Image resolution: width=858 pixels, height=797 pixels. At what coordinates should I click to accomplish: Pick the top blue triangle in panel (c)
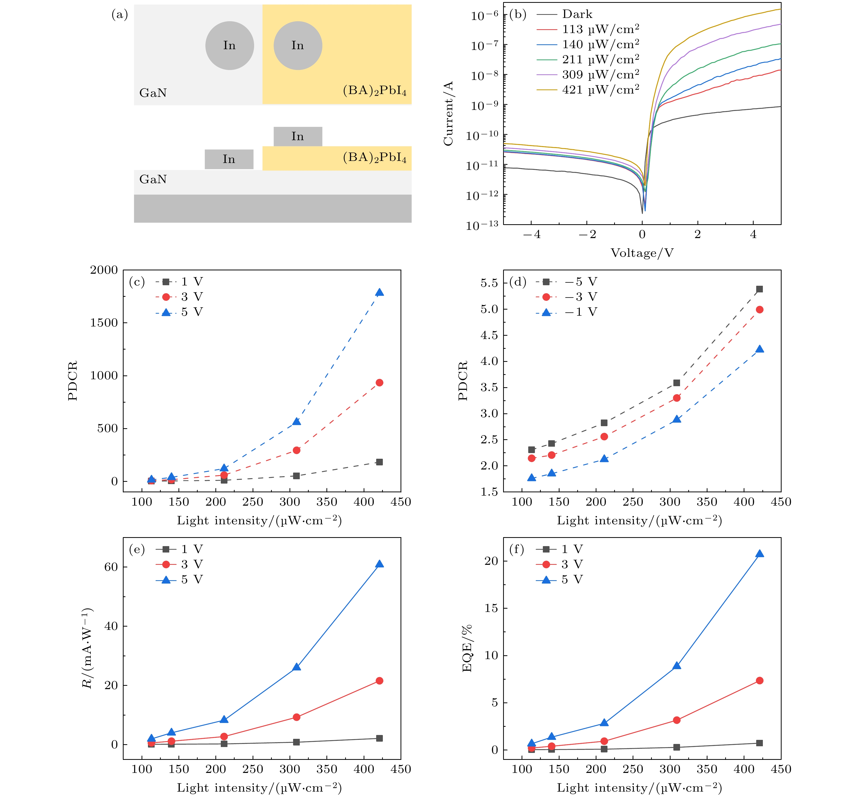pos(379,292)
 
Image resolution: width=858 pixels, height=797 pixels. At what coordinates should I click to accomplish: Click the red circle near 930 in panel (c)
pos(379,383)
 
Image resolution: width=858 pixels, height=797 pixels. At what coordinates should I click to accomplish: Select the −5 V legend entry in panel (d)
pos(581,282)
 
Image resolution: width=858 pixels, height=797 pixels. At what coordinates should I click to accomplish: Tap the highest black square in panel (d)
pos(760,289)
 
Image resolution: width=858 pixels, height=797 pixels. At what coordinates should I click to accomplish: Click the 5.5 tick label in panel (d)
pos(489,283)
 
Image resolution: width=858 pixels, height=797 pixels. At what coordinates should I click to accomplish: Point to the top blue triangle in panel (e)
pos(379,564)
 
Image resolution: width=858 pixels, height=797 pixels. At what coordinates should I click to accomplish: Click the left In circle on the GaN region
pos(230,46)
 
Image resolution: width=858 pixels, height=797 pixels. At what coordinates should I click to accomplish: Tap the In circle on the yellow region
pos(298,46)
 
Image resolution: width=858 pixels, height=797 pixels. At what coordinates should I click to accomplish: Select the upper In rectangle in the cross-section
pos(298,136)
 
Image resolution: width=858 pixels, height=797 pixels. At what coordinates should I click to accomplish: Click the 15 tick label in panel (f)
pos(491,608)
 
